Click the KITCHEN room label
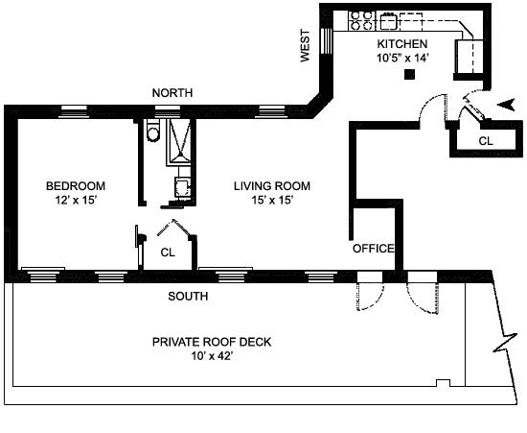[402, 44]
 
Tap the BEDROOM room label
[76, 186]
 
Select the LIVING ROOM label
[272, 186]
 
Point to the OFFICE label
[373, 249]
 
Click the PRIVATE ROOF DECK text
[212, 342]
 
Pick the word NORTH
[172, 92]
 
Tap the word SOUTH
[188, 296]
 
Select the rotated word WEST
[305, 46]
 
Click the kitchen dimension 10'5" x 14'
[402, 58]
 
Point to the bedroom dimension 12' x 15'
[77, 200]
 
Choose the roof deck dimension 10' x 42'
[212, 355]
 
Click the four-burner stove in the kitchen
[361, 20]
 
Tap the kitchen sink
[389, 21]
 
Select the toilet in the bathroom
[153, 130]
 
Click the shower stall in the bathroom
[179, 141]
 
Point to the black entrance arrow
[506, 105]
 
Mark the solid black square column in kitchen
[409, 75]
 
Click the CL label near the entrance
[486, 141]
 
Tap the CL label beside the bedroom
[168, 253]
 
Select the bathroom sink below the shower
[182, 187]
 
